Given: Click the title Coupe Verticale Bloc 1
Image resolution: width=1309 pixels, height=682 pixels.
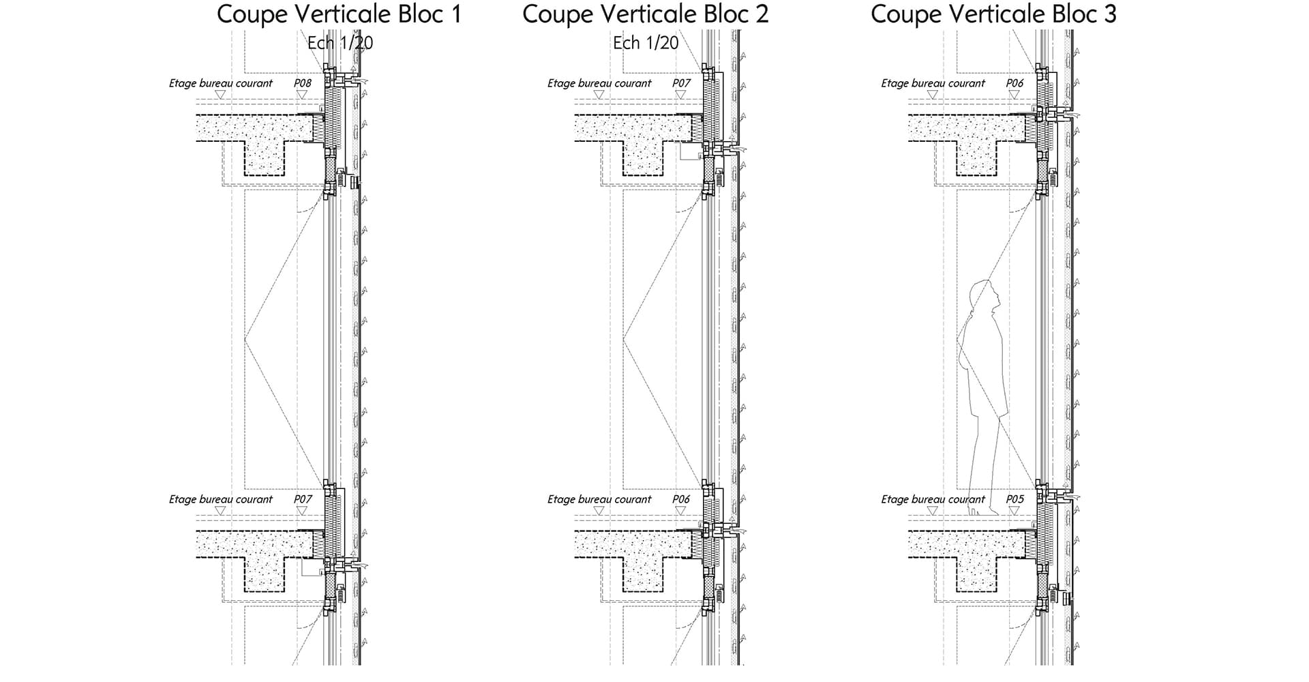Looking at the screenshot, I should point(340,14).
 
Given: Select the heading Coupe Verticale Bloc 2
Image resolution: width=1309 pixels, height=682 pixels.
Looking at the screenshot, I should point(646,14).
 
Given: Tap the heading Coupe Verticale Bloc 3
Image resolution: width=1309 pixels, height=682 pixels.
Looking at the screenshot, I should point(993,14).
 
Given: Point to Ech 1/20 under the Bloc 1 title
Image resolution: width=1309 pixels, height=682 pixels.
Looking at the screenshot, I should point(340,43).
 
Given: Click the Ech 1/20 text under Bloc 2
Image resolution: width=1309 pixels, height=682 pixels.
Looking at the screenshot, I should point(646,43).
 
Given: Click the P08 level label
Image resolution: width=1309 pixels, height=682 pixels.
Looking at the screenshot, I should point(303,83).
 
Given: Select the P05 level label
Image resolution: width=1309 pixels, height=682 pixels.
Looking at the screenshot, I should point(1014,499).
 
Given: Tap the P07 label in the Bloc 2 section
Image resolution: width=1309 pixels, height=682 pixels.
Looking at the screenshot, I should point(681,83).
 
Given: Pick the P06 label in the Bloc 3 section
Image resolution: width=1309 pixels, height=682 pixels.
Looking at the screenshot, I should point(1014,83).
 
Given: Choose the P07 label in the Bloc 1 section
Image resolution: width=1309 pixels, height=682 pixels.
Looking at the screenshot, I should point(303,499).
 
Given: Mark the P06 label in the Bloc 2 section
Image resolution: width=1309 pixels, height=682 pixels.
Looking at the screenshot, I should point(681,499).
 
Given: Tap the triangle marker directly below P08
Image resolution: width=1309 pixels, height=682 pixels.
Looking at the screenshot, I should point(302,95).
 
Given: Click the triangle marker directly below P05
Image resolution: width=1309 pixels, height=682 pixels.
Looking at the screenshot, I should point(1014,511).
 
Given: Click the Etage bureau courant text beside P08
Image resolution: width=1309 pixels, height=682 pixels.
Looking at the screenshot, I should point(220,83).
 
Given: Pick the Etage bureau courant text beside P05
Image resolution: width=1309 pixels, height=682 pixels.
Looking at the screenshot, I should point(933,499).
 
